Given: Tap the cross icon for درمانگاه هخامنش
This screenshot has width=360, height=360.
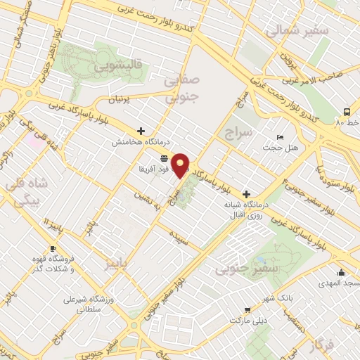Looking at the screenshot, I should (x=141, y=131).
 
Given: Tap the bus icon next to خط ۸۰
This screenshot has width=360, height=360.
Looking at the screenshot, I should (x=347, y=112).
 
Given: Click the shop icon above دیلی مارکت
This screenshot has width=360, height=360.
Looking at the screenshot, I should (x=247, y=309).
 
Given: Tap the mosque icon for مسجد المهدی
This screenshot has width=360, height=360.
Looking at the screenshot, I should (x=341, y=273).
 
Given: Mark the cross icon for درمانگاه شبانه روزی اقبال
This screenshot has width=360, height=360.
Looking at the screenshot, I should (x=246, y=194).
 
